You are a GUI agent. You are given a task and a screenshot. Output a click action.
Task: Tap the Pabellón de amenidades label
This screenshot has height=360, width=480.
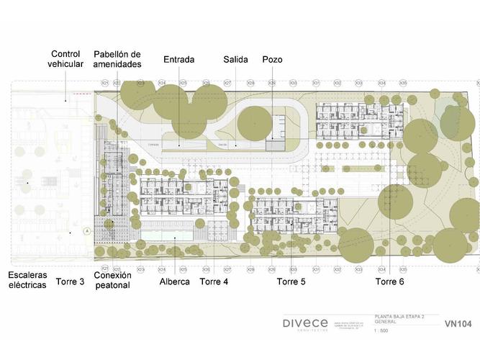(117, 59)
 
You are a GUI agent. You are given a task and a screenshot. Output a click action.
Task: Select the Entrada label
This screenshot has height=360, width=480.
(178, 59)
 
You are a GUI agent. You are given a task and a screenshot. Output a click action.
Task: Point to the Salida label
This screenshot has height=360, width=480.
(235, 59)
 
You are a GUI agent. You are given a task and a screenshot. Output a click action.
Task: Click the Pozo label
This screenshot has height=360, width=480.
(272, 59)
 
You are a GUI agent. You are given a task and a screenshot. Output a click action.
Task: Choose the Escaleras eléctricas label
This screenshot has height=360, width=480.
(27, 280)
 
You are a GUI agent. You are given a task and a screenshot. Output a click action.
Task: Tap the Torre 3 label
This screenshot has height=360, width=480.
(70, 282)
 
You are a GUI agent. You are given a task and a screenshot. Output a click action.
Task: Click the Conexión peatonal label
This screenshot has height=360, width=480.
(112, 280)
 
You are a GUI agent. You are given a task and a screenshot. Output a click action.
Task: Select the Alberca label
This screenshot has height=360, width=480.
(175, 282)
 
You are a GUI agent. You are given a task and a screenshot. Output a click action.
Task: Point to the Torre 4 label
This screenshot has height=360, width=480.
(214, 282)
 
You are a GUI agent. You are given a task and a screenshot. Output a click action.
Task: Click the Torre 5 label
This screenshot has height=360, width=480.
(291, 282)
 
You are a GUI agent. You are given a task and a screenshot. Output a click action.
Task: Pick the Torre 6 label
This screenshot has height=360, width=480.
(389, 282)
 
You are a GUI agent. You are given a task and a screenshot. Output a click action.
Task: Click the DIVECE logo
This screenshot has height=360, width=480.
(305, 323)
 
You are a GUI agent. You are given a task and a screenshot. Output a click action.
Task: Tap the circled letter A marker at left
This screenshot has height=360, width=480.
(86, 231)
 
